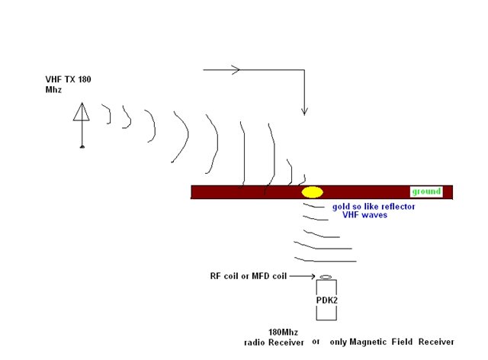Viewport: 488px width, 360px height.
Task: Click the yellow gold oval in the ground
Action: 312,192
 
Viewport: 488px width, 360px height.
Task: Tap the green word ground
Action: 426,191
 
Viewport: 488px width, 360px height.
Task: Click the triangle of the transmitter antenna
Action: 82,111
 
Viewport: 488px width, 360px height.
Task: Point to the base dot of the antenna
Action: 82,146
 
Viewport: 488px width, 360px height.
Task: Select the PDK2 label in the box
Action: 327,301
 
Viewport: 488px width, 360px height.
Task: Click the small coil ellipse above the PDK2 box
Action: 326,277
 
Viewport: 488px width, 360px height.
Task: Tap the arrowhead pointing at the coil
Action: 312,276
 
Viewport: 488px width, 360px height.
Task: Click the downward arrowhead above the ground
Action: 304,111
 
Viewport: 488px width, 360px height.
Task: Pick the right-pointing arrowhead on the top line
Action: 236,69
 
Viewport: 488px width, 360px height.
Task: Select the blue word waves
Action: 375,215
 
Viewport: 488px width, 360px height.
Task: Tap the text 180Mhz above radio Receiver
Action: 283,333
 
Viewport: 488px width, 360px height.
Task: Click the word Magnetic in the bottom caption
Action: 368,342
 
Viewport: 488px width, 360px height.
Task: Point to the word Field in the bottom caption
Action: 402,342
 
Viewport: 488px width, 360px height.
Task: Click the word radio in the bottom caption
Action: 255,342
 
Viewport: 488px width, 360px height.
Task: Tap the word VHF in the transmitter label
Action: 53,79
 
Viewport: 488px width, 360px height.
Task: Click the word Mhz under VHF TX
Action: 53,90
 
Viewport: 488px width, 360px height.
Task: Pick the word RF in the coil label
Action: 215,276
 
